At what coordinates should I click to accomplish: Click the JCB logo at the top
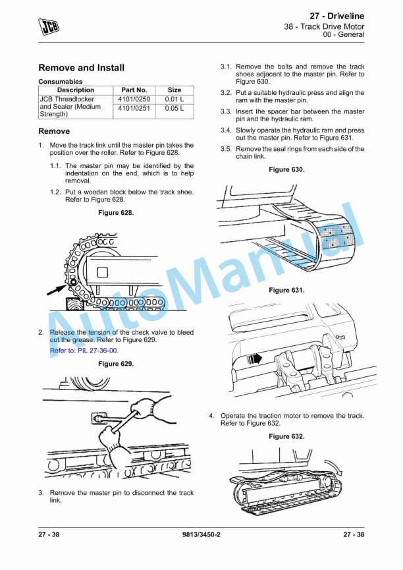[x=49, y=26]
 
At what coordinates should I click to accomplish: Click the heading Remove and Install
[x=82, y=68]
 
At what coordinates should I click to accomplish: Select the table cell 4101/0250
[x=134, y=99]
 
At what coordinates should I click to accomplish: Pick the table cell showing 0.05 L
[x=175, y=108]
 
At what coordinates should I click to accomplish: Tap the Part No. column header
[x=134, y=90]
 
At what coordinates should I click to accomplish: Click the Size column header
[x=175, y=90]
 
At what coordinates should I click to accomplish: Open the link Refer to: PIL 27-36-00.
[x=84, y=351]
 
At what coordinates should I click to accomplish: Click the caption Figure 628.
[x=116, y=213]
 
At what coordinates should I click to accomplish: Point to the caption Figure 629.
[x=116, y=364]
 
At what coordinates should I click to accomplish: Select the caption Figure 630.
[x=286, y=169]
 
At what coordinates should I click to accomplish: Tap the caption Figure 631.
[x=286, y=290]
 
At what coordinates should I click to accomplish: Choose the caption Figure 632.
[x=286, y=436]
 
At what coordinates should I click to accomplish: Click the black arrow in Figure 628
[x=57, y=290]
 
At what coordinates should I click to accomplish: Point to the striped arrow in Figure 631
[x=254, y=359]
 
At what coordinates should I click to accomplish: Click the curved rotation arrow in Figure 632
[x=335, y=467]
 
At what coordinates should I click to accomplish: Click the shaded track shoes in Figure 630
[x=337, y=237]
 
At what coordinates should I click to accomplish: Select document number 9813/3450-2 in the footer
[x=201, y=534]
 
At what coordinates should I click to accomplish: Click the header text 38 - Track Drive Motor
[x=324, y=26]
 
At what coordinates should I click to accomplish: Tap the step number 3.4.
[x=226, y=130]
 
